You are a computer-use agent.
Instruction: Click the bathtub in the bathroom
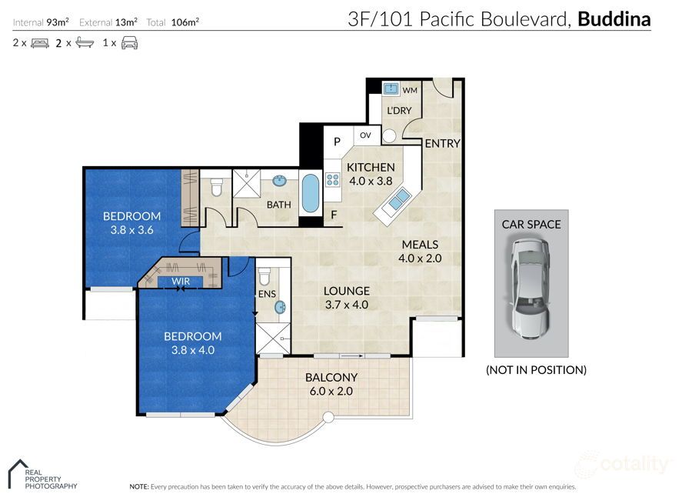(x=309, y=194)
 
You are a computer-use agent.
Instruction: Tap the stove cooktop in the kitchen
(x=334, y=180)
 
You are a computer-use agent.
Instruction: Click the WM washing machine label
(x=410, y=91)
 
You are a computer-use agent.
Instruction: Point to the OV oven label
(x=365, y=136)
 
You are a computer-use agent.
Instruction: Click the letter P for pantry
(x=337, y=142)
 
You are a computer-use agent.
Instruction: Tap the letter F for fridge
(x=333, y=215)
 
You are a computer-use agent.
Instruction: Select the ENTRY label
(x=442, y=143)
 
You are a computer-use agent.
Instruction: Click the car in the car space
(x=531, y=287)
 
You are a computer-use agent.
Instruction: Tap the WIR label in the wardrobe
(x=181, y=282)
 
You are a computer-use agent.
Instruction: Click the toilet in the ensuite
(x=264, y=276)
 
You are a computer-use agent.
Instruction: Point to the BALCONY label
(x=331, y=377)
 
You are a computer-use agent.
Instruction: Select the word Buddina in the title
(x=614, y=19)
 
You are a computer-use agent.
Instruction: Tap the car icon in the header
(x=129, y=43)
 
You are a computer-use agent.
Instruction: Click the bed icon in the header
(x=40, y=43)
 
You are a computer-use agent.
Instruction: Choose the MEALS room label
(x=420, y=245)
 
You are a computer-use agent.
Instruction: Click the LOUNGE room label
(x=346, y=291)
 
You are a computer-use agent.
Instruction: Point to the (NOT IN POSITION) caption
(x=536, y=369)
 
